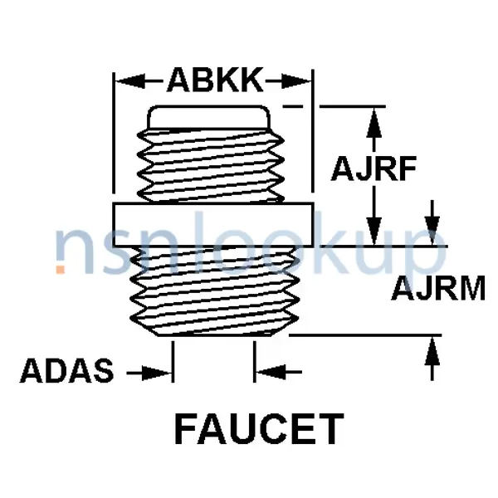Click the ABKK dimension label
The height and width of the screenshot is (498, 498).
coord(214,81)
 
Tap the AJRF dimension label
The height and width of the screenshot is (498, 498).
coord(373,168)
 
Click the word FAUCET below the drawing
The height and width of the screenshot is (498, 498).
coord(258,429)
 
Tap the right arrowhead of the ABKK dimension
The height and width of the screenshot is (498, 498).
coord(302,81)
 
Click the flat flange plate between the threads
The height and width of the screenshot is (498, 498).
coord(212,224)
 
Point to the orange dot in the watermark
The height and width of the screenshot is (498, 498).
coord(61,268)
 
